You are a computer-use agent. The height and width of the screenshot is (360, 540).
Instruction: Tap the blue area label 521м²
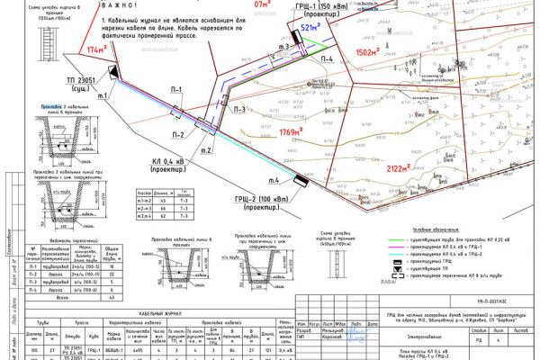click(310, 28)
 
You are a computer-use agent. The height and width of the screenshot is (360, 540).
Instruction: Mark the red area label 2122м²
click(402, 167)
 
